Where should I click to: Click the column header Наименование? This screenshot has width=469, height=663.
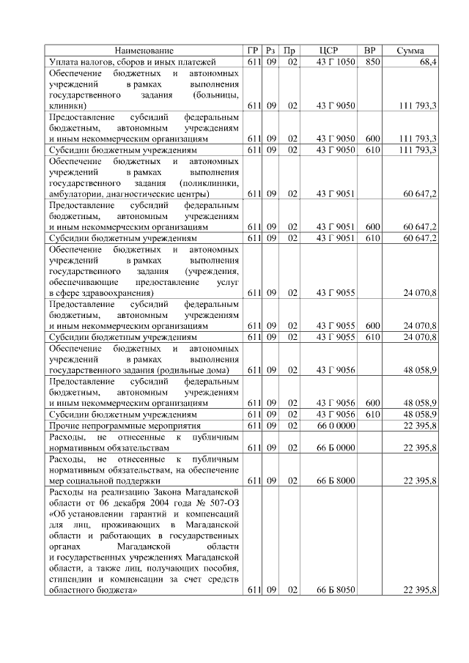click(x=144, y=51)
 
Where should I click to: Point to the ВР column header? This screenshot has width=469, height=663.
click(x=372, y=51)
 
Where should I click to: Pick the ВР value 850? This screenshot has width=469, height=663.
click(x=372, y=62)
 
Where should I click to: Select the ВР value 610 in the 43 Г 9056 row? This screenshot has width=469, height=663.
click(x=372, y=414)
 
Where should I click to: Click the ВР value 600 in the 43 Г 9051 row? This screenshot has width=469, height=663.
click(x=372, y=227)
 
